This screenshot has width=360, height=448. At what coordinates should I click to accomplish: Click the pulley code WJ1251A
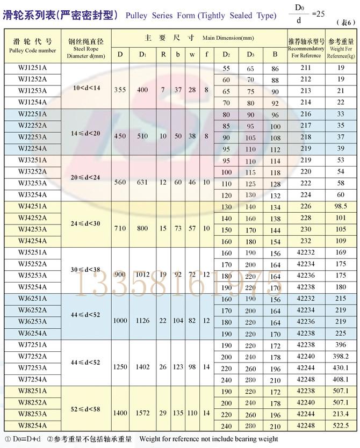(x=32, y=68)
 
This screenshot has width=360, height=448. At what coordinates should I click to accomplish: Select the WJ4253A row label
(x=32, y=229)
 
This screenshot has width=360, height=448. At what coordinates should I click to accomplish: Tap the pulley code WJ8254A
(x=32, y=425)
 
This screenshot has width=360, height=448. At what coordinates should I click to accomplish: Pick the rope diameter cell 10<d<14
(x=86, y=86)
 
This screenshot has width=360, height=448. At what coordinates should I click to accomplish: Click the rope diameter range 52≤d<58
(x=86, y=409)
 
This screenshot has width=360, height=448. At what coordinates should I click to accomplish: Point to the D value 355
(x=120, y=89)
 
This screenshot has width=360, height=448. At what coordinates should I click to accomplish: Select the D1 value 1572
(x=142, y=414)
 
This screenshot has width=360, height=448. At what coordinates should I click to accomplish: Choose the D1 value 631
(x=142, y=182)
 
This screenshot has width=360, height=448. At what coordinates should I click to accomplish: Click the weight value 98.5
(x=340, y=206)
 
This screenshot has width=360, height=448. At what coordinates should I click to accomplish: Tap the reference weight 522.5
(x=340, y=425)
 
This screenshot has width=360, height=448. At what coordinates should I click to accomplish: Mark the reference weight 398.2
(x=340, y=356)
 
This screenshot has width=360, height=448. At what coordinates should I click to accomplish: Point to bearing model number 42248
(x=306, y=425)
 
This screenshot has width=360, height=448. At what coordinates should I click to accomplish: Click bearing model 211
(x=306, y=68)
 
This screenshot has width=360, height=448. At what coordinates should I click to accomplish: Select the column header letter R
(x=163, y=54)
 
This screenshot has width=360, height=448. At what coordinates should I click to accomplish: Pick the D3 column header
(x=251, y=54)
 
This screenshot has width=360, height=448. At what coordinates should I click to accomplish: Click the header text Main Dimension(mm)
(x=228, y=38)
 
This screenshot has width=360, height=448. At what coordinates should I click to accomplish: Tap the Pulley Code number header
(x=32, y=50)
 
